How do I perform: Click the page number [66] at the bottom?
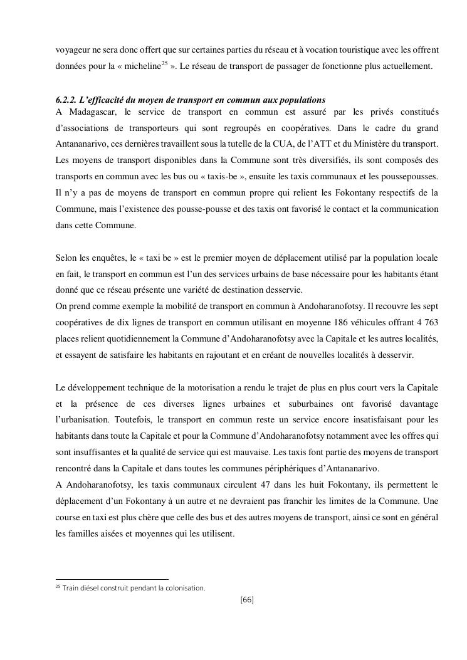point(247,600)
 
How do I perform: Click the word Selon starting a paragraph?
point(67,258)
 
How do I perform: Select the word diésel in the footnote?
point(91,588)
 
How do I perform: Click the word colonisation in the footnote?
point(184,588)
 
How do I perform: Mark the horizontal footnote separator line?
point(112,580)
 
